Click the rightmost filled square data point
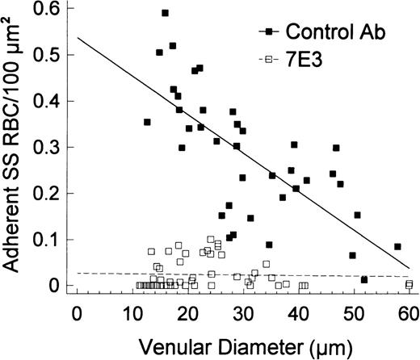[x=397, y=246]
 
